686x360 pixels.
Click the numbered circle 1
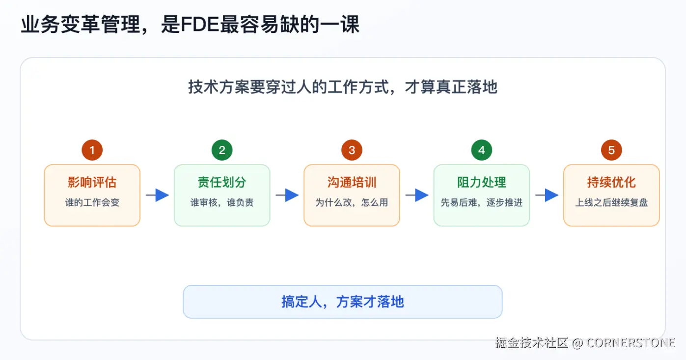point(92,150)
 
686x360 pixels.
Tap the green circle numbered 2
point(222,150)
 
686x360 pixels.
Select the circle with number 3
point(352,150)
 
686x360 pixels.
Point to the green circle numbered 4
point(482,150)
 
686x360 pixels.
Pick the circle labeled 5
point(611,150)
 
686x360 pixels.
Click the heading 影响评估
point(92,182)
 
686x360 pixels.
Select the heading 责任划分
point(222,182)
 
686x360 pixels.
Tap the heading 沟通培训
point(352,182)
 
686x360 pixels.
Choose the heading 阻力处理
point(482,182)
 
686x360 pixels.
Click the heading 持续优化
point(611,182)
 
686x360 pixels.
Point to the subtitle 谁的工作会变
point(92,202)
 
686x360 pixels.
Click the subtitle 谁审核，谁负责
point(222,202)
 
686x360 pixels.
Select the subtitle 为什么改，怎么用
point(352,202)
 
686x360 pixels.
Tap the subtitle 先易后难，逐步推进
point(482,202)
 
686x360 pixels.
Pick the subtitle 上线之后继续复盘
point(611,202)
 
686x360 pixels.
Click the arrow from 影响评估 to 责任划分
point(158,195)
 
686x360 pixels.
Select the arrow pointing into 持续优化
point(547,195)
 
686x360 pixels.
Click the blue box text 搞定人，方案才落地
point(343,302)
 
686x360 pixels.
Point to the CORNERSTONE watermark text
point(631,342)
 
